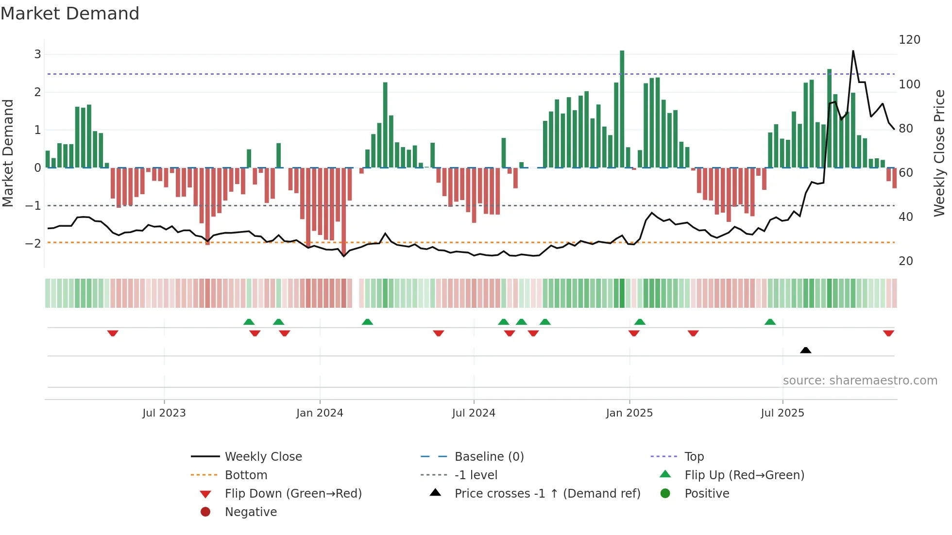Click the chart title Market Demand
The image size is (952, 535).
[70, 14]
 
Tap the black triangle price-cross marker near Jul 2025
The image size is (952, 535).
[805, 350]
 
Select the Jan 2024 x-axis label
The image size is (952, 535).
[320, 413]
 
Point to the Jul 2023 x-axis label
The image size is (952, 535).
[164, 413]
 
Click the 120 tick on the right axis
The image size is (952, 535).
[909, 40]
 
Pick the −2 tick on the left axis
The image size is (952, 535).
[33, 243]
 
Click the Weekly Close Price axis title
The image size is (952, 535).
[939, 153]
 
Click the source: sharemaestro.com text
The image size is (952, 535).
[860, 381]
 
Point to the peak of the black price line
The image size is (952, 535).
[853, 51]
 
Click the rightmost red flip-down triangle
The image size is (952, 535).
[888, 333]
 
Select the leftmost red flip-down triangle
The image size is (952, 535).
[113, 333]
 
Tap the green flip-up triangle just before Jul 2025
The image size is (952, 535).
[770, 322]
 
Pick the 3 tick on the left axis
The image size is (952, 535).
[37, 54]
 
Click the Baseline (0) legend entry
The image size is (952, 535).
[489, 457]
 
